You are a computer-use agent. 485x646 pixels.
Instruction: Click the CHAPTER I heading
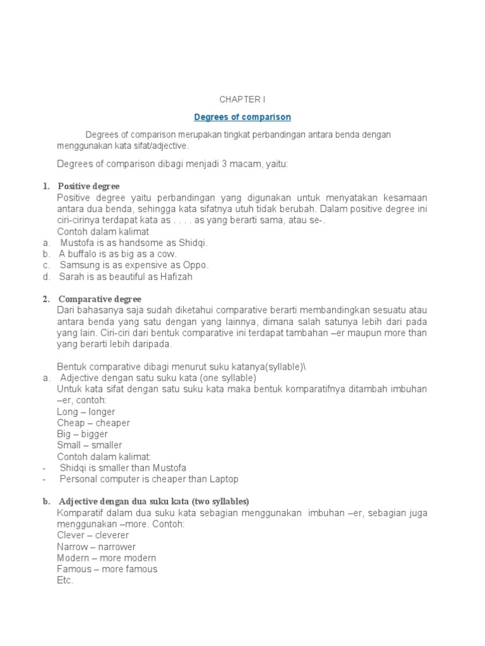[x=242, y=99]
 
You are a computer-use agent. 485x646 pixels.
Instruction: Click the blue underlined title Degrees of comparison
[x=242, y=117]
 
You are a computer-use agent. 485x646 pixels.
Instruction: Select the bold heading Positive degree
[x=88, y=186]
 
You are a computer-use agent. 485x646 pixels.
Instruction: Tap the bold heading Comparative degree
[x=99, y=298]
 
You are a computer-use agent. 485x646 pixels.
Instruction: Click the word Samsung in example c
[x=77, y=265]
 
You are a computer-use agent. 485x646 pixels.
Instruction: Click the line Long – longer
[x=86, y=411]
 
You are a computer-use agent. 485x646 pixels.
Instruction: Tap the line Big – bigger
[x=82, y=434]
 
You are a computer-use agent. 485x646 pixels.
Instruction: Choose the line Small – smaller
[x=89, y=445]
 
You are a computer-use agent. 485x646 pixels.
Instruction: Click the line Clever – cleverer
[x=93, y=535]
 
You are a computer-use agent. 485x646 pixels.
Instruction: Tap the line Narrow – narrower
[x=96, y=546]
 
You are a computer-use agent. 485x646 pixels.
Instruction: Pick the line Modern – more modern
[x=106, y=558]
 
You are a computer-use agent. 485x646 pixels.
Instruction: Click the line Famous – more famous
[x=107, y=569]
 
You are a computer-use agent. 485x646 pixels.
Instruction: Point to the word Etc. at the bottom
[x=65, y=580]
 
